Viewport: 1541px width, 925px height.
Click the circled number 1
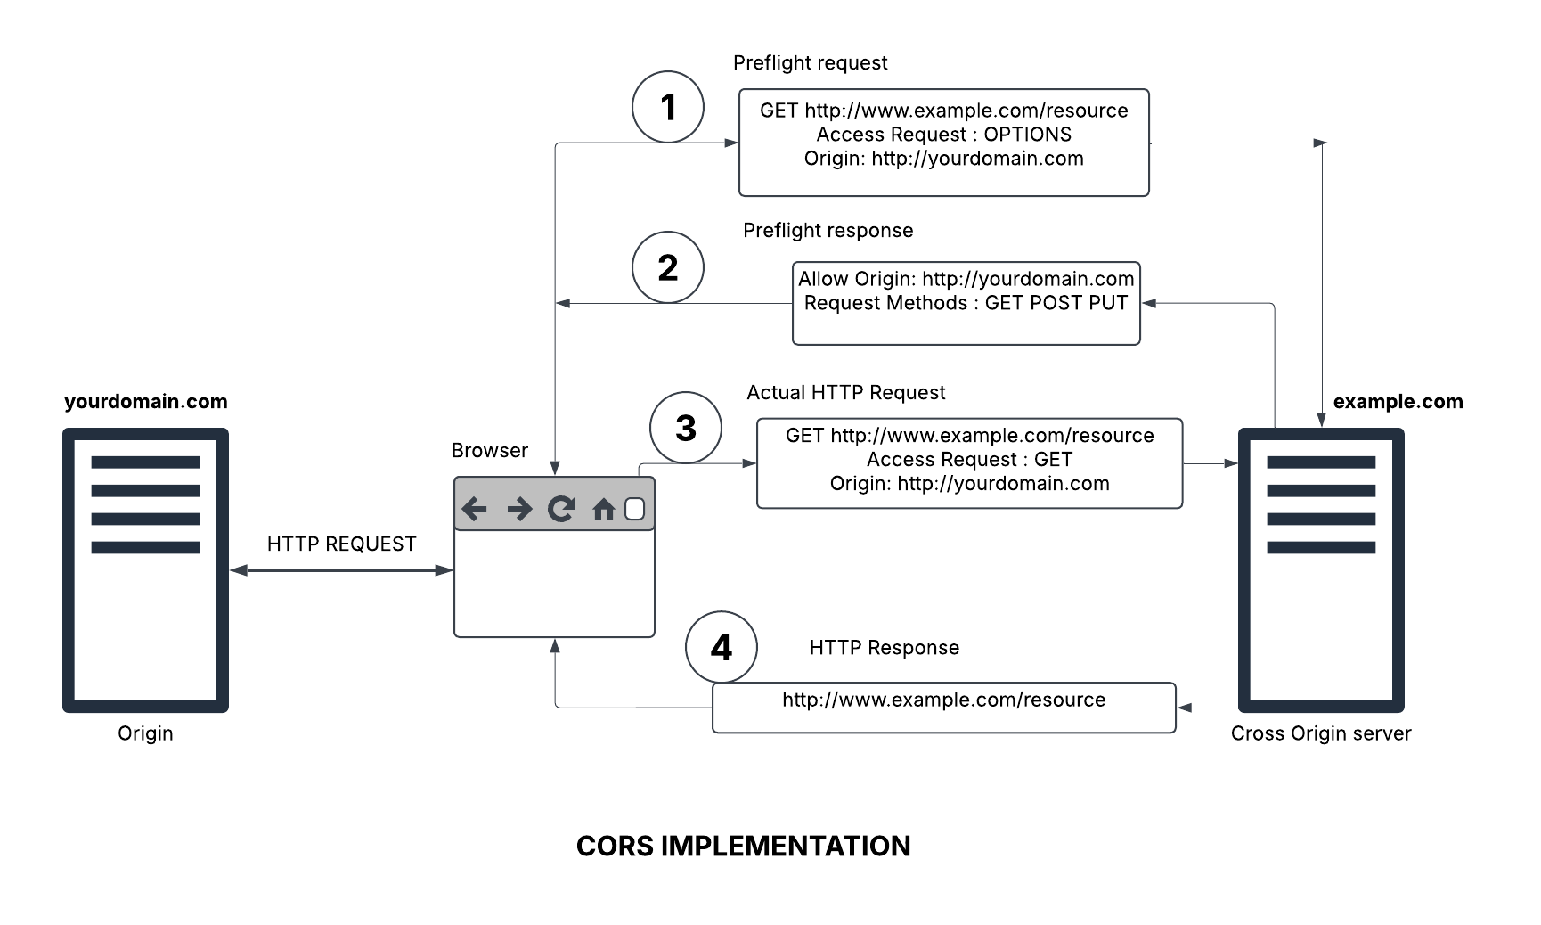[668, 107]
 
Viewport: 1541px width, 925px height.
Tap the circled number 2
[668, 267]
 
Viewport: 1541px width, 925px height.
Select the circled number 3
[686, 428]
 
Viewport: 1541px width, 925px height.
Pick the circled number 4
[722, 647]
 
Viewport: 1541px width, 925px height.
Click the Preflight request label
[810, 63]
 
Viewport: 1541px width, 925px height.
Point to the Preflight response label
[828, 231]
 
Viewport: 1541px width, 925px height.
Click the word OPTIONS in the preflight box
[1027, 135]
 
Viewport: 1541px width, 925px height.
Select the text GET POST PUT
[1056, 303]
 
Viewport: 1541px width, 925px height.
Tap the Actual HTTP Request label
[845, 393]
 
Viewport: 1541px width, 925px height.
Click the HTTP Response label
[884, 648]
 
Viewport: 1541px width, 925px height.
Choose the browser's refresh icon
[561, 509]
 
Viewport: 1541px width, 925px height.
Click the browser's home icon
[603, 509]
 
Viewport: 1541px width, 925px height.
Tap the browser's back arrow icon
[475, 509]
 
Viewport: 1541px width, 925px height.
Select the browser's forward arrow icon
[518, 509]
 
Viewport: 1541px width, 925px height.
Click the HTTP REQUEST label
[341, 544]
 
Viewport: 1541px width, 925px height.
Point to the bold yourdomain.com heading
[146, 402]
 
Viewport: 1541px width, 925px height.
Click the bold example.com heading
[1398, 402]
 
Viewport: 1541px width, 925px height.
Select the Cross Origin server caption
[1321, 733]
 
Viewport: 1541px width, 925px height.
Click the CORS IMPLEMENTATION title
[743, 846]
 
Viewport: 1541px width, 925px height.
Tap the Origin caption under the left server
[145, 733]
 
